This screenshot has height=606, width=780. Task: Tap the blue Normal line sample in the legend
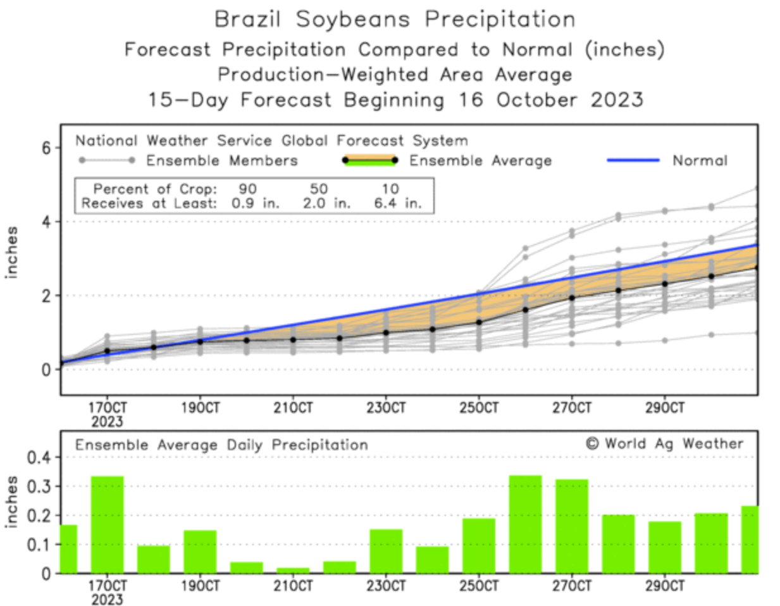(x=633, y=161)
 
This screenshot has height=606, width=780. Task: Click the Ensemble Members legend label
(x=221, y=161)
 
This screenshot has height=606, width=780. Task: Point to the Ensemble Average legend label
(x=480, y=161)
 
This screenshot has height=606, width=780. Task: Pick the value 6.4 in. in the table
(x=397, y=204)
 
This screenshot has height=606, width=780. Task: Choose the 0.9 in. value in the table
(x=255, y=204)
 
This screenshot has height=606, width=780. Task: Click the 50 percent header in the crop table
(x=319, y=189)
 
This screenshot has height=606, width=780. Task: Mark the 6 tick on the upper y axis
(x=46, y=148)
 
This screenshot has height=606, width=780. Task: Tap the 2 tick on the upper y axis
(x=46, y=296)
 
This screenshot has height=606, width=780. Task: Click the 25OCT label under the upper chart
(x=479, y=408)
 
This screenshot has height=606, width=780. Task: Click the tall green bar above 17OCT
(x=107, y=524)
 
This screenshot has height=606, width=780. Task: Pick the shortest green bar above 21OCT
(x=293, y=570)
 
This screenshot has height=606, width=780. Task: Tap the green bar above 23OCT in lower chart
(x=386, y=551)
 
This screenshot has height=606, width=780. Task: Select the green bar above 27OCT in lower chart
(x=572, y=526)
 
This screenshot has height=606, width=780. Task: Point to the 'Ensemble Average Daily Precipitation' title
(x=221, y=445)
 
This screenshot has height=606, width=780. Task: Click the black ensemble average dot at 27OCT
(x=572, y=298)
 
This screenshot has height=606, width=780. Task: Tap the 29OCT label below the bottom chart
(x=665, y=586)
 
